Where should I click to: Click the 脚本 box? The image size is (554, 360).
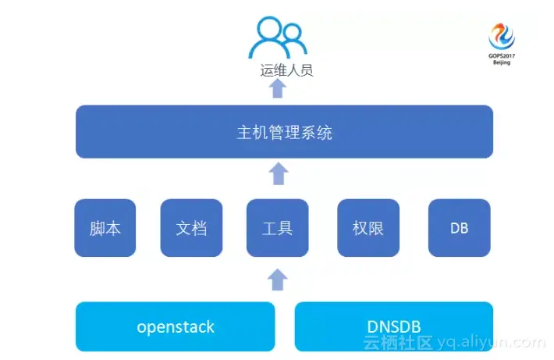coord(105,228)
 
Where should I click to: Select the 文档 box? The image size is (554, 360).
coord(191,228)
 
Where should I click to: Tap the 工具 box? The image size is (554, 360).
coord(277,228)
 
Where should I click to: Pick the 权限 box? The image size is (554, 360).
coord(368,228)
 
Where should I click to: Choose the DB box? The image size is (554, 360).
coord(460,228)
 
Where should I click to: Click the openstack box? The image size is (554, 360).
coord(176,326)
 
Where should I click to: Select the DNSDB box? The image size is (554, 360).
coord(394,326)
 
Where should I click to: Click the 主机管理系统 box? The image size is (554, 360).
coord(284,132)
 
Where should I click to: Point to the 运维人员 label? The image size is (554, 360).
coord(286,70)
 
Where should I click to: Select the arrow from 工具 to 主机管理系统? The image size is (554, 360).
coord(278,173)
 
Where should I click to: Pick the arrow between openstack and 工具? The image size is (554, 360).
coord(278,278)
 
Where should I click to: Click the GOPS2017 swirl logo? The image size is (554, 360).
coord(501,34)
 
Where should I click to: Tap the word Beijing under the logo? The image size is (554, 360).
coord(501,62)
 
